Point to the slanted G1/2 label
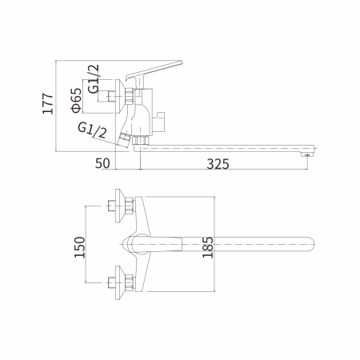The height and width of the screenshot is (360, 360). pyautogui.click(x=94, y=131)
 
